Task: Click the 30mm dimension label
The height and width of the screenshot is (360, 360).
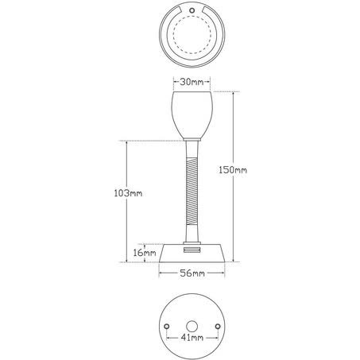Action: point(192,82)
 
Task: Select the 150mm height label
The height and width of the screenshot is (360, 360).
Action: point(233,170)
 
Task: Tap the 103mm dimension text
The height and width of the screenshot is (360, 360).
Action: point(128,193)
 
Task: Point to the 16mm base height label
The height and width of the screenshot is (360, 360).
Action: point(145,253)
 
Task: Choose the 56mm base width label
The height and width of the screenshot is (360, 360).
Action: point(192,273)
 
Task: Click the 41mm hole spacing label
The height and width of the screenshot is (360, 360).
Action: point(192,338)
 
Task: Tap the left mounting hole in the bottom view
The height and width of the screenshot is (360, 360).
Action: point(167,327)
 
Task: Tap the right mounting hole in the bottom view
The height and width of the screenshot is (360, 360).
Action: point(218,327)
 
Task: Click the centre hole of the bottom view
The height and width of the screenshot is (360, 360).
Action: point(192,327)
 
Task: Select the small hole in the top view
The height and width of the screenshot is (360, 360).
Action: point(192,10)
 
